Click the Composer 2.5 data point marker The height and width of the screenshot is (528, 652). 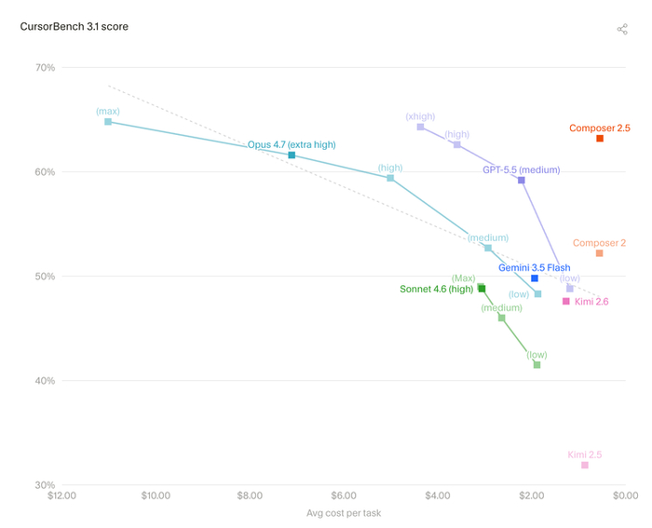point(600,139)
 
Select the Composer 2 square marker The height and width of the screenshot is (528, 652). point(599,253)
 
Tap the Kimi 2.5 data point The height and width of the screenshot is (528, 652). point(585,465)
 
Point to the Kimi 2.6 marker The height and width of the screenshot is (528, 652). point(566,301)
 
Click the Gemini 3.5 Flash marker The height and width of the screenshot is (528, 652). point(535,278)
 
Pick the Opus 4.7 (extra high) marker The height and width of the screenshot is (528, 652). point(292,156)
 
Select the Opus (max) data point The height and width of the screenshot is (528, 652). point(108,122)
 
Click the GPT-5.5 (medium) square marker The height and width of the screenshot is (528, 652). point(522,180)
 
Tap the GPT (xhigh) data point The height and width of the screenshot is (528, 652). point(420,127)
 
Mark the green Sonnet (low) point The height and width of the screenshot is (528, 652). point(537,365)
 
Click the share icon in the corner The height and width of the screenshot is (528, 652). point(622,29)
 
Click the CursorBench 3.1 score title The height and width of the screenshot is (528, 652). point(74,27)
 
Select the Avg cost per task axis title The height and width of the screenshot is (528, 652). point(344,513)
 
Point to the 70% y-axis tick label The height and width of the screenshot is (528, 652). point(45,67)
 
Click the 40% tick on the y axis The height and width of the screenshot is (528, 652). point(45,381)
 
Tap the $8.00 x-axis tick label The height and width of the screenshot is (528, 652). point(250,495)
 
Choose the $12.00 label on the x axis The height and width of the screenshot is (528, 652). point(62,495)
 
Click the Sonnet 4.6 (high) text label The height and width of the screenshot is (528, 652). point(437,289)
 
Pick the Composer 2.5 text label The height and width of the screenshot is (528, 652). point(600,129)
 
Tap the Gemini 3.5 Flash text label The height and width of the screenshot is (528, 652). point(535,268)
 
